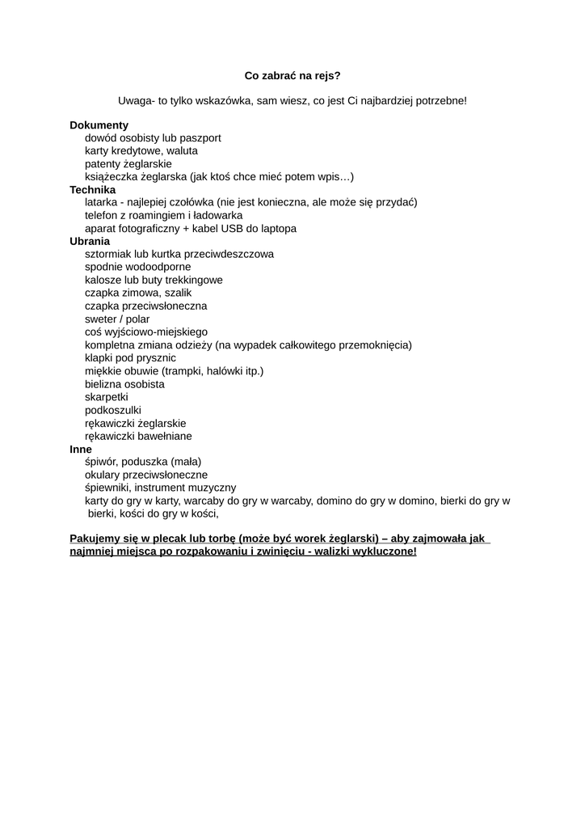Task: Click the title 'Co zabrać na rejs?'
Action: click(292, 75)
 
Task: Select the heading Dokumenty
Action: click(99, 125)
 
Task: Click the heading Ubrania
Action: click(90, 241)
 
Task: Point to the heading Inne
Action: click(81, 449)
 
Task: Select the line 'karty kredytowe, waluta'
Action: click(141, 150)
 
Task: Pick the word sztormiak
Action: click(108, 254)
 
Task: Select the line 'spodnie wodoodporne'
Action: click(138, 267)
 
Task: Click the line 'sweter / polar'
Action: click(117, 319)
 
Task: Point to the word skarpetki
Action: click(107, 397)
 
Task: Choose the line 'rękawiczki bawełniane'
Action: click(138, 436)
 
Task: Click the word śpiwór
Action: click(102, 462)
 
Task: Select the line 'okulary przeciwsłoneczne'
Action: click(146, 475)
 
